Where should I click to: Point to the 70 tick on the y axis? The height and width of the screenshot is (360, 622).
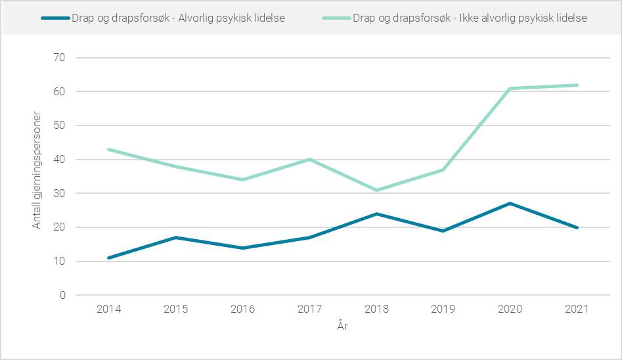[59, 58]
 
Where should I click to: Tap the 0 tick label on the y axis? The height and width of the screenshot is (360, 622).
[62, 296]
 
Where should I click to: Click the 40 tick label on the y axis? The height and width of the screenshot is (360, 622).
[59, 160]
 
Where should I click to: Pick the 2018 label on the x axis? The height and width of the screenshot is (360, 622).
[376, 309]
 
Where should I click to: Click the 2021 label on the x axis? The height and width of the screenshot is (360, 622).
[577, 309]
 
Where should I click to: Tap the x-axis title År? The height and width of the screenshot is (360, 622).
[342, 326]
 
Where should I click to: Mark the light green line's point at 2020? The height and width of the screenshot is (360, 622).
[510, 88]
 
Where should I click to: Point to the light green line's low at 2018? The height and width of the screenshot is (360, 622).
[376, 190]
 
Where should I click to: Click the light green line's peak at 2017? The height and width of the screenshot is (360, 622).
[309, 160]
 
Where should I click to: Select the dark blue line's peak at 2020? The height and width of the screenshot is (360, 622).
[510, 204]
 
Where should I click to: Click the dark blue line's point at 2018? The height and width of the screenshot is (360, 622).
[376, 214]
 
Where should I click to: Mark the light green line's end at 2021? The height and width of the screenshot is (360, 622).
[577, 85]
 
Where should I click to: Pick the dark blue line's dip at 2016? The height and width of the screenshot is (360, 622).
[242, 248]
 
